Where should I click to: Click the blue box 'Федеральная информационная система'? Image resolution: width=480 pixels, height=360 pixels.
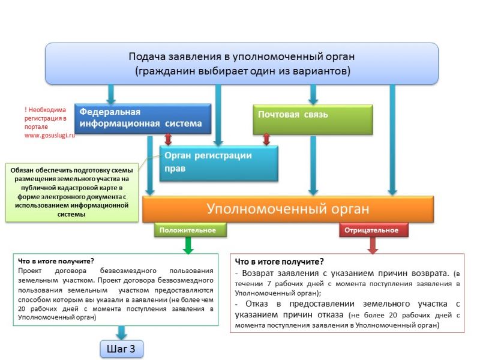click(143, 119)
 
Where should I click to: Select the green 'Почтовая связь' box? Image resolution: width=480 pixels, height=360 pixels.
click(313, 119)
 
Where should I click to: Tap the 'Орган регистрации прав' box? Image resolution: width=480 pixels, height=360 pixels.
click(219, 163)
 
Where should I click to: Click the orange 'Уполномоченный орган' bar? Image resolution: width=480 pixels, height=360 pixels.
click(288, 209)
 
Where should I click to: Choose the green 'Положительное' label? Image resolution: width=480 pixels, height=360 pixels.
click(190, 230)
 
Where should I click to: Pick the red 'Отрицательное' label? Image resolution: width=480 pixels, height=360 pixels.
click(374, 230)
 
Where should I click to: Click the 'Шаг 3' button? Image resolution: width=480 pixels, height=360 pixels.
click(122, 349)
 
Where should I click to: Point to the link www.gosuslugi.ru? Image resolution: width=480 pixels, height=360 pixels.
click(50, 136)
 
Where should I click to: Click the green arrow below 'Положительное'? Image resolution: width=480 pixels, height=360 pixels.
click(188, 245)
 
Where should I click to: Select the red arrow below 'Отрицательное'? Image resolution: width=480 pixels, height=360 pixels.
click(373, 245)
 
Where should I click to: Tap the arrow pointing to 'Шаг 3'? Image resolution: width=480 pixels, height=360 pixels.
click(122, 333)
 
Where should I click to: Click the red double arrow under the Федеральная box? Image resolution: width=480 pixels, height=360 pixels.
click(168, 139)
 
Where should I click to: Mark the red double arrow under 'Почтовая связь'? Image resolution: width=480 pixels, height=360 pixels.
click(266, 139)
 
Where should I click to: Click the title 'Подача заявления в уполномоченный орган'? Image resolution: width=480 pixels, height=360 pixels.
click(242, 56)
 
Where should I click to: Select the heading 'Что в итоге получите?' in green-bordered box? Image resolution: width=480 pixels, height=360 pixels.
click(56, 261)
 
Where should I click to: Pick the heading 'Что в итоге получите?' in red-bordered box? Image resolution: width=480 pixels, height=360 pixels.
click(279, 262)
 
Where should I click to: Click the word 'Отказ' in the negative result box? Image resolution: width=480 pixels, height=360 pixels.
click(257, 304)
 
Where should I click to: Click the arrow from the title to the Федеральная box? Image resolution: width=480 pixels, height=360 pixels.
click(111, 94)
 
